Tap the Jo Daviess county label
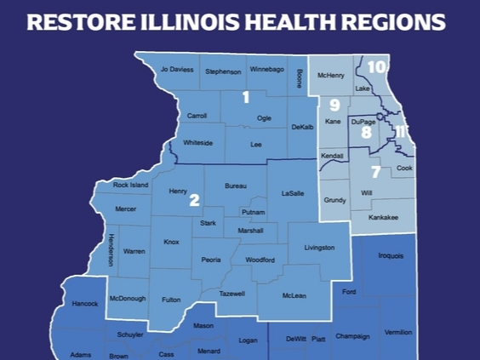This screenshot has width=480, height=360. (178, 69)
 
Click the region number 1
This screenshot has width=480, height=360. (246, 97)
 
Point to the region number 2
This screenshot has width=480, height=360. (194, 200)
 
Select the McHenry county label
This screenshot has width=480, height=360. (330, 76)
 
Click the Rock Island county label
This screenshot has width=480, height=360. (131, 186)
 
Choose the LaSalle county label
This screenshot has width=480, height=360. (293, 193)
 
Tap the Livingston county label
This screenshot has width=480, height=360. (319, 248)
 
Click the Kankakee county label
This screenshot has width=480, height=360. (383, 218)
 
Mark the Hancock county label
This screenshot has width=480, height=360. (85, 304)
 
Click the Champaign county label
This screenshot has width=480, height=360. (352, 336)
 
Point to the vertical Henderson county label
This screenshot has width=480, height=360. (111, 249)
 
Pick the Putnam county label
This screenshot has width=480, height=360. (254, 212)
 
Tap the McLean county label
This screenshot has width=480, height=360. (294, 295)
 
